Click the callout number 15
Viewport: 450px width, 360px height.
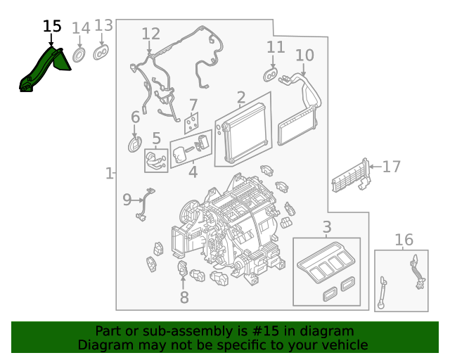coord(52,27)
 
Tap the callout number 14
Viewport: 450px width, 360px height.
coord(81,29)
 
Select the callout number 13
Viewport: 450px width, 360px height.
coord(103,26)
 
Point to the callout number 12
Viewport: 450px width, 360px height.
coord(150,34)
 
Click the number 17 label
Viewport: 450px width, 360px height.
coord(391,167)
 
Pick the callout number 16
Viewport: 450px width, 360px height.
coord(404,240)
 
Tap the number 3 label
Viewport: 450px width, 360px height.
coord(327,227)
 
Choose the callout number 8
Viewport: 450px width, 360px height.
coord(184,297)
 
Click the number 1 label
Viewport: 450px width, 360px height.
coord(109,173)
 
